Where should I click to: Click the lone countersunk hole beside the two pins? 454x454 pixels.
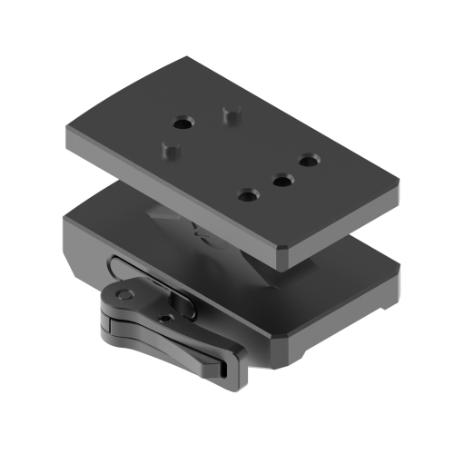coord(184,121)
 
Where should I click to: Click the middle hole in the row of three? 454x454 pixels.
coord(282,180)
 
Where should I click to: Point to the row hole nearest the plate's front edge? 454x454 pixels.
coord(248,194)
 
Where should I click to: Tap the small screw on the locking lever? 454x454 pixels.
coord(163,319)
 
